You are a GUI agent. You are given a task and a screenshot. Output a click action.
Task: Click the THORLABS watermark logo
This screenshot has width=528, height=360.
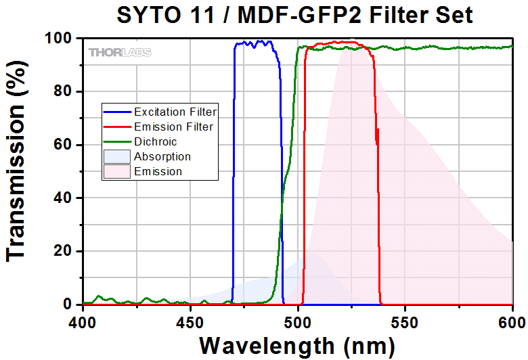tap(119, 52)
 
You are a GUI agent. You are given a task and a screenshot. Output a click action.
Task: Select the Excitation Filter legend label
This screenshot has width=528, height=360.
tap(175, 112)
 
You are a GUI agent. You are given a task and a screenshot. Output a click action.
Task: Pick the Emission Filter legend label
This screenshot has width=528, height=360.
tap(173, 127)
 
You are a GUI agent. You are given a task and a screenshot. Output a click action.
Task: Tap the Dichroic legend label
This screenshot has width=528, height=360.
tap(155, 141)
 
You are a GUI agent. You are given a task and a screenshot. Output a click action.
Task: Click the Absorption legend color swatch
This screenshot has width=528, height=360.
tap(116, 157)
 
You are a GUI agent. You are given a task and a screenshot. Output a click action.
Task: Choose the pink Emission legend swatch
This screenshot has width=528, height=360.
tap(116, 172)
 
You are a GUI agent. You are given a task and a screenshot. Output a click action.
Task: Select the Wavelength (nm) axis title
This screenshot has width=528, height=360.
tap(296, 345)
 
